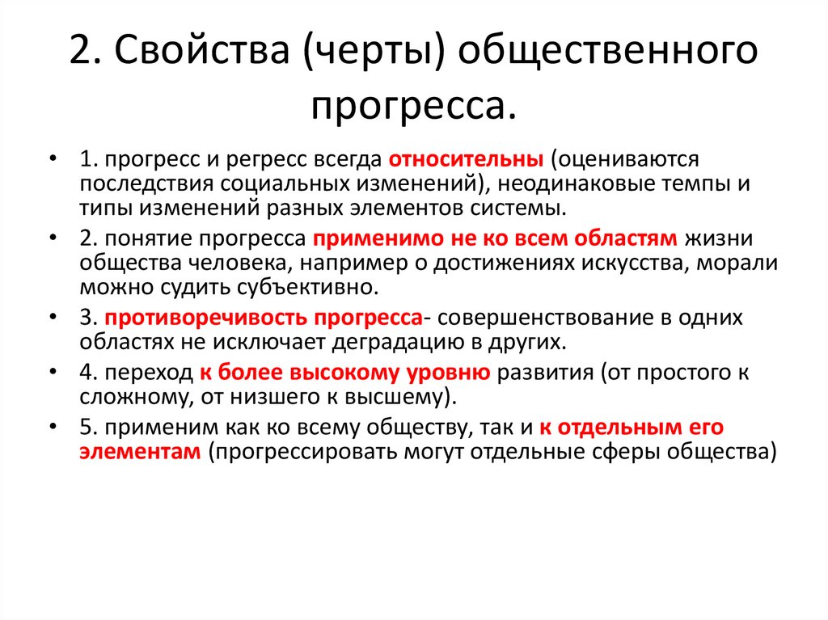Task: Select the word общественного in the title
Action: coord(609,53)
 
